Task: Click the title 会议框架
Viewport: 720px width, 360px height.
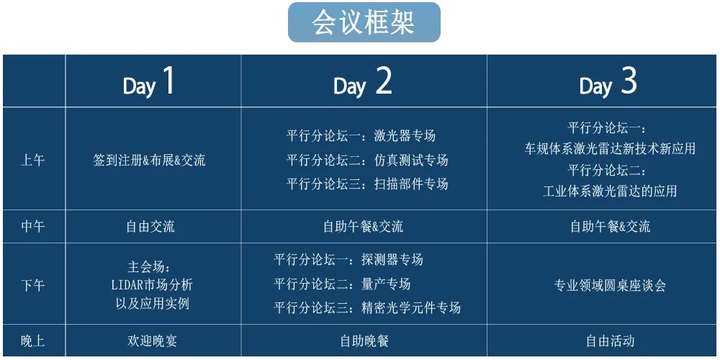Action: (x=364, y=22)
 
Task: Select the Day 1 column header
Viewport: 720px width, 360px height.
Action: (x=149, y=83)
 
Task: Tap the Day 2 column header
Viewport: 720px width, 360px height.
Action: (x=363, y=83)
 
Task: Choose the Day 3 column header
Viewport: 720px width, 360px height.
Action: (x=608, y=83)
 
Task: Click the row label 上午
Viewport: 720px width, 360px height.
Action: (x=33, y=161)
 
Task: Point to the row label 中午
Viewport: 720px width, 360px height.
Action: (x=33, y=226)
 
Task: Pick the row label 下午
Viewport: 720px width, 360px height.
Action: (x=33, y=285)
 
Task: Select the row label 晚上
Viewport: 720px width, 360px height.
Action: (x=33, y=341)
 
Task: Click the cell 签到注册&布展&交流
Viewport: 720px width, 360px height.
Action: (x=149, y=161)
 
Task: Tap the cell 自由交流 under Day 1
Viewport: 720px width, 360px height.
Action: (x=150, y=226)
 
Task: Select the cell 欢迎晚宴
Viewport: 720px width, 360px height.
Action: (x=152, y=341)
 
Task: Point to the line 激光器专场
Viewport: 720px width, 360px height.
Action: (x=405, y=136)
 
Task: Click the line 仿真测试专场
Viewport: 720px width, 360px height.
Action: (x=410, y=160)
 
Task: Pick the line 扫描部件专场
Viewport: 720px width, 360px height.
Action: (x=410, y=184)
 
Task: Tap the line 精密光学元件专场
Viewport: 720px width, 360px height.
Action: (x=411, y=307)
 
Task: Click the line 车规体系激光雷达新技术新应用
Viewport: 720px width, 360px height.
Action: (x=610, y=148)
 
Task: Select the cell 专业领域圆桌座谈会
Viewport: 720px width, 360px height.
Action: (x=610, y=286)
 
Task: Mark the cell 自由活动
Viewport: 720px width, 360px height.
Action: (x=611, y=341)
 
